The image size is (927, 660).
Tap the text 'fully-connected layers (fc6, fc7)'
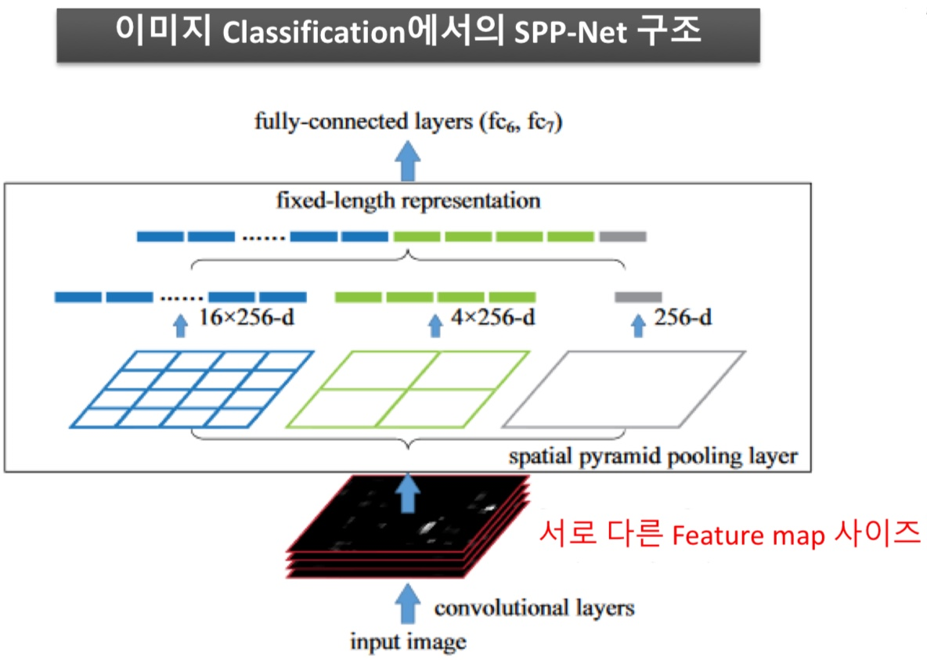(x=407, y=122)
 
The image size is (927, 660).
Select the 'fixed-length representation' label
(x=407, y=200)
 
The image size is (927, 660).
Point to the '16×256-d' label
(x=248, y=318)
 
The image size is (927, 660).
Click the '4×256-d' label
(x=494, y=318)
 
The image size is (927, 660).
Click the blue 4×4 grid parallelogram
(x=192, y=388)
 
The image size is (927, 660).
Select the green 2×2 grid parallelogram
(x=407, y=388)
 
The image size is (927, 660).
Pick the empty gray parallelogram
(x=623, y=388)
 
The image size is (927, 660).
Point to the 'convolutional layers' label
(x=534, y=608)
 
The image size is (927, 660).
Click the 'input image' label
(x=407, y=643)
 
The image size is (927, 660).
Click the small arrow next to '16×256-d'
(x=181, y=325)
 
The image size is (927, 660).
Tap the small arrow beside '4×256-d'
(x=436, y=325)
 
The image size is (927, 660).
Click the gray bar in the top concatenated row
(x=622, y=236)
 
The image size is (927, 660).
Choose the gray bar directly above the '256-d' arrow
(x=638, y=297)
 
